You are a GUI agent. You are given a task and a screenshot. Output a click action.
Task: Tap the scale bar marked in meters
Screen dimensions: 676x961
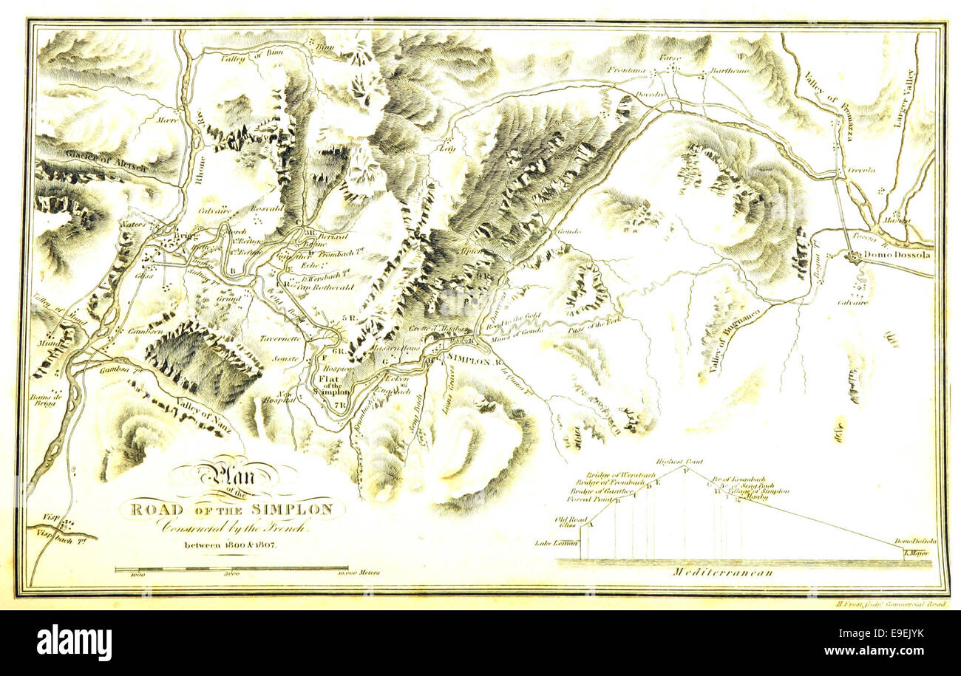[x=231, y=568]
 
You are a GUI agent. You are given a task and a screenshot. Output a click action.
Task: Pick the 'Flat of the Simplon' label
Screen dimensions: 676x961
[x=327, y=384]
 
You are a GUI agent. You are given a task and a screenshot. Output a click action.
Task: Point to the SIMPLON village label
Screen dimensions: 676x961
[x=469, y=361]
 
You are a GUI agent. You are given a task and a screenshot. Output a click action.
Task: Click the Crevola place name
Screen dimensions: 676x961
[x=861, y=170]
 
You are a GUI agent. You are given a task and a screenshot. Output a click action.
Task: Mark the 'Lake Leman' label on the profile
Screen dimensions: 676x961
[x=555, y=543]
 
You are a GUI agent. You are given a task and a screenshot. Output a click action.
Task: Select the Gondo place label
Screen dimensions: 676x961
[x=569, y=231]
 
